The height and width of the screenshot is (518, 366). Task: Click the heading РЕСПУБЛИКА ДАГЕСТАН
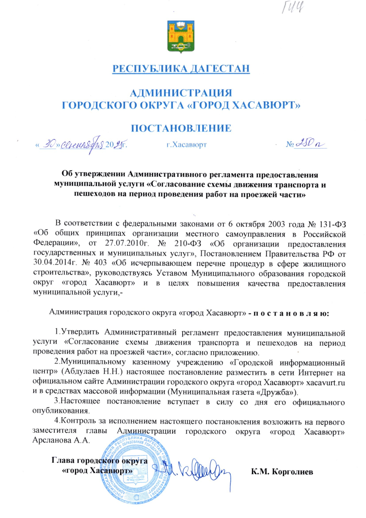click(x=181, y=68)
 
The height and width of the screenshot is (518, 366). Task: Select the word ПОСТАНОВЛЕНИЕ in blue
click(x=181, y=128)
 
